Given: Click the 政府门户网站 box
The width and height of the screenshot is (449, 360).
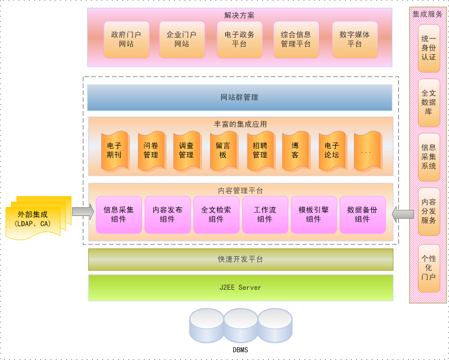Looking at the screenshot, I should pos(126,39).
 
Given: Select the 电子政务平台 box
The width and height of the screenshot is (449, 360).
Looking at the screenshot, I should pos(239,39).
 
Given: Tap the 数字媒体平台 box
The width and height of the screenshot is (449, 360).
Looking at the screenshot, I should pos(355,39).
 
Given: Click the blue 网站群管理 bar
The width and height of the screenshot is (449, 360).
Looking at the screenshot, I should pos(239,97).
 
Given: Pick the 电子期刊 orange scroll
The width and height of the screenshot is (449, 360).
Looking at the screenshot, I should pos(114,150).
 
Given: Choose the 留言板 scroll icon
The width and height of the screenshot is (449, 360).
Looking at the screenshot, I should pos(222,150).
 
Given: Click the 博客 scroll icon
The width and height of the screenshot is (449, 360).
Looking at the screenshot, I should pos(295,150).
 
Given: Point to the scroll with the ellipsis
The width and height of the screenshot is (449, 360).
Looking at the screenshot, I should pos(367,150).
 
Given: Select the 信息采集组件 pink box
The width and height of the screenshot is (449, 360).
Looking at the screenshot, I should pos(119,215).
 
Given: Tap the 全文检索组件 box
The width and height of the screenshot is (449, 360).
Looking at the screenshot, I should pos(216,215).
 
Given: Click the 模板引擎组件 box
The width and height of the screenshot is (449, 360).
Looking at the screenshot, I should pos(314,215).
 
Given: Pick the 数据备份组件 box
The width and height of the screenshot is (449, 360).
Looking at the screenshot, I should pos(362,215).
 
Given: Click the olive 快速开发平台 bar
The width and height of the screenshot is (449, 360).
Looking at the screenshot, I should pos(240,259).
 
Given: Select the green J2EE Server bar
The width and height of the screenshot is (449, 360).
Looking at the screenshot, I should pos(240,287).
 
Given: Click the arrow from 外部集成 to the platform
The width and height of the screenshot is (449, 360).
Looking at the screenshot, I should pos(83,211).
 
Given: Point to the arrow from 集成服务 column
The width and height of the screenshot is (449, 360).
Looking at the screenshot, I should pos(402,214).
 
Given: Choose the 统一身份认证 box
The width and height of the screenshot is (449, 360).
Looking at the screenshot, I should pos(428,48).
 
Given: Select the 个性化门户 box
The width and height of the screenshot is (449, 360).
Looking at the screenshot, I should pos(428,268).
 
